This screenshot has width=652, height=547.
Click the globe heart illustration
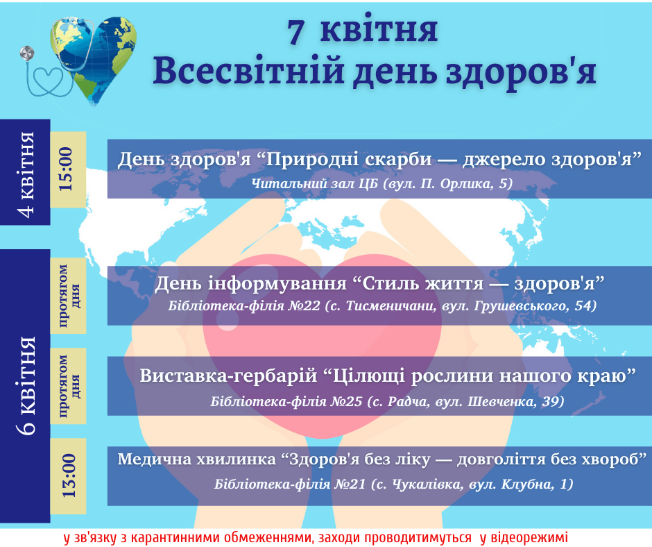click(x=94, y=59)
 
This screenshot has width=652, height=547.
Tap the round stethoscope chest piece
click(x=27, y=53)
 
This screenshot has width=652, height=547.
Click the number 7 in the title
click(x=295, y=32)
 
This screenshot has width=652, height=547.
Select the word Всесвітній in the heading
click(x=248, y=70)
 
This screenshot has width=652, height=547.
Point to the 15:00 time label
click(x=67, y=169)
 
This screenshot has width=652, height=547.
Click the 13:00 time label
click(x=69, y=476)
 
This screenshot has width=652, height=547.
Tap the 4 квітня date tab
click(x=26, y=173)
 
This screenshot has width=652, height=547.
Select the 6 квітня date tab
click(x=26, y=386)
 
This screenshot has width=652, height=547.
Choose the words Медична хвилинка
click(x=197, y=459)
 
